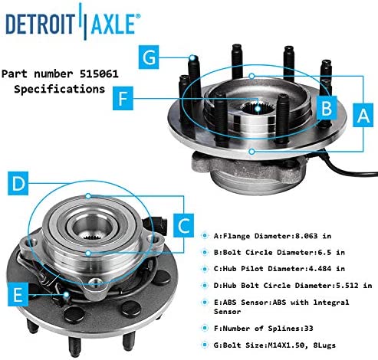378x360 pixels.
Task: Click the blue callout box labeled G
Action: click(149, 57)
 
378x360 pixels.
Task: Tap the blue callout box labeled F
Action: click(123, 98)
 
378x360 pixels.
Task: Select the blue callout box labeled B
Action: click(327, 107)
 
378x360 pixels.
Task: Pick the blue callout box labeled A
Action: click(363, 115)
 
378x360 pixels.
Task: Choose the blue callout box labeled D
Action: click(18, 183)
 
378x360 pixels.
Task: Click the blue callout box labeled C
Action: click(183, 226)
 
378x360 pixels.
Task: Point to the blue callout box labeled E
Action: click(18, 294)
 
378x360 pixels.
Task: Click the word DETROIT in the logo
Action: click(40, 24)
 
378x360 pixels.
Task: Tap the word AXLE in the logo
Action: click(113, 24)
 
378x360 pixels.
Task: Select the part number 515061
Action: click(99, 74)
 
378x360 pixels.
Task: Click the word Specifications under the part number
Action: click(59, 89)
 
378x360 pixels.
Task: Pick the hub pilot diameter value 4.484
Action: click(320, 269)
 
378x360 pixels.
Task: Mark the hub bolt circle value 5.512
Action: click(347, 285)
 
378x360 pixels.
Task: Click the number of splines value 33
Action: click(308, 328)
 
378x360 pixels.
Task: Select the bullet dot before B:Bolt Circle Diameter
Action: click(205, 252)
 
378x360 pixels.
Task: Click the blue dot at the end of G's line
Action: click(192, 57)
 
